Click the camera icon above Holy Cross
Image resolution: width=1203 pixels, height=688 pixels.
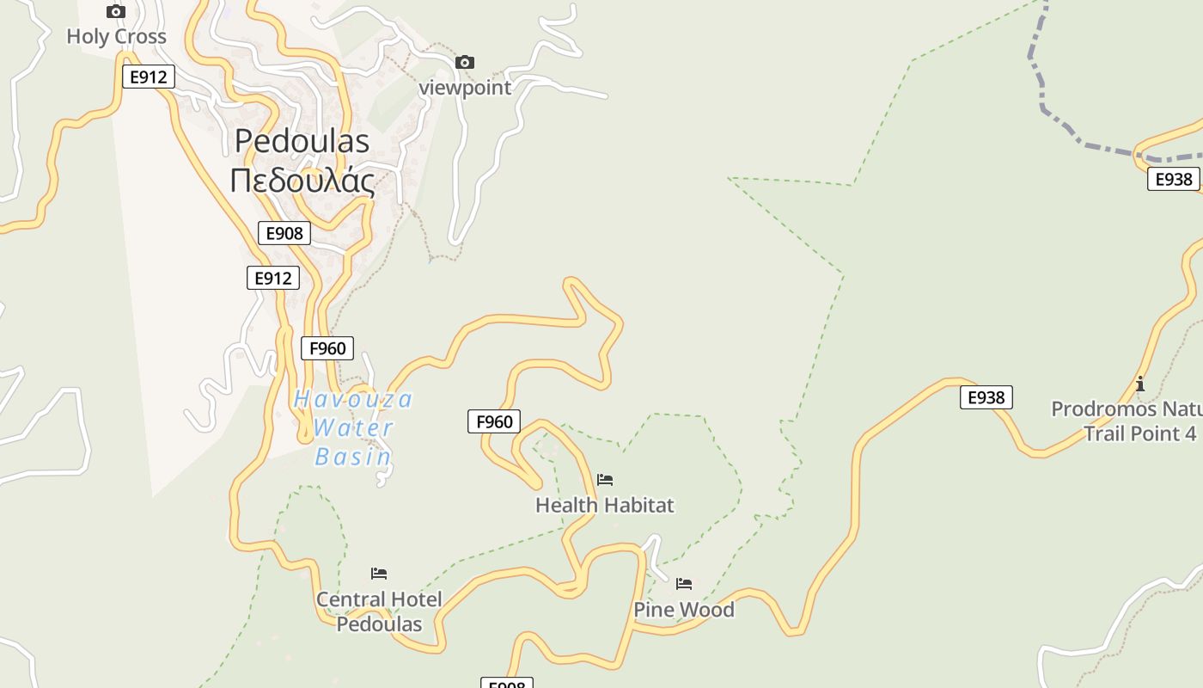tap(116, 12)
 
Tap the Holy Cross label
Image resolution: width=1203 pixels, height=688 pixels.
tap(116, 37)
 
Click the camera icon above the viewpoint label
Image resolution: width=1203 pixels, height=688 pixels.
tap(465, 62)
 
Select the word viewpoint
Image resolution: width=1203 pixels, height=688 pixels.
tap(465, 88)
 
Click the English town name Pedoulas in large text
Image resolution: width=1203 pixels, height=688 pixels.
tap(302, 141)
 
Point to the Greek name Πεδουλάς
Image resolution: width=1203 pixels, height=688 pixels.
tap(302, 181)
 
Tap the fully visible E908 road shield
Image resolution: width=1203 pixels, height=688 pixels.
tap(284, 233)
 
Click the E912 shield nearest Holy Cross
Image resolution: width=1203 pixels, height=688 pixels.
tap(149, 77)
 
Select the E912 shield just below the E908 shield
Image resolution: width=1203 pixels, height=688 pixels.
tap(273, 278)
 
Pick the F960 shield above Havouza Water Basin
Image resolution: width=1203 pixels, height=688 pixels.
tap(327, 348)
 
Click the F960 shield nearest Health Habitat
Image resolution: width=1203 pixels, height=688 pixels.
tap(494, 421)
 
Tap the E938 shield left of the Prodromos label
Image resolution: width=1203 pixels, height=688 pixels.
tap(986, 397)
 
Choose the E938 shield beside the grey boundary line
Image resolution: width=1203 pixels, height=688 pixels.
tap(1174, 179)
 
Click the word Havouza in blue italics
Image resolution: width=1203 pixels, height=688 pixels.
tap(353, 400)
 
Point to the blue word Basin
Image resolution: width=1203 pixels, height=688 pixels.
tap(353, 457)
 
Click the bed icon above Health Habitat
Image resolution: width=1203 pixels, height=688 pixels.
tap(605, 480)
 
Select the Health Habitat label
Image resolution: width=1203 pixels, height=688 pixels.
tap(605, 505)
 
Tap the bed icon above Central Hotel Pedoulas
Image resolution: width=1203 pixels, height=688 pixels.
tap(379, 574)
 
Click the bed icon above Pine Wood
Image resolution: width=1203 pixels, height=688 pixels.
tap(684, 584)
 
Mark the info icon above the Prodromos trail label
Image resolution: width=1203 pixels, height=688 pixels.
tap(1140, 384)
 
